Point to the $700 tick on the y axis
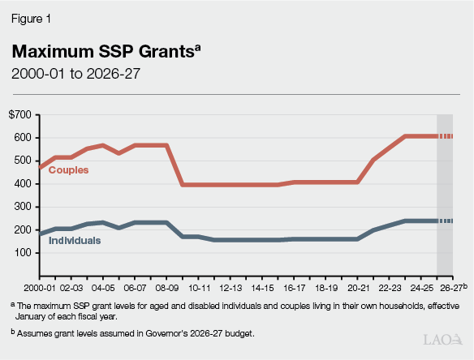[22, 115]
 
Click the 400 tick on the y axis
[24, 184]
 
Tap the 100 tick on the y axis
[24, 253]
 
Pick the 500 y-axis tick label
[24, 161]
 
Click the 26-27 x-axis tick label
[451, 288]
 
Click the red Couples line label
[69, 170]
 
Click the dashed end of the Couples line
[445, 136]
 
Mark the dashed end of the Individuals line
[445, 221]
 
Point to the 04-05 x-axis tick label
[102, 288]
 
